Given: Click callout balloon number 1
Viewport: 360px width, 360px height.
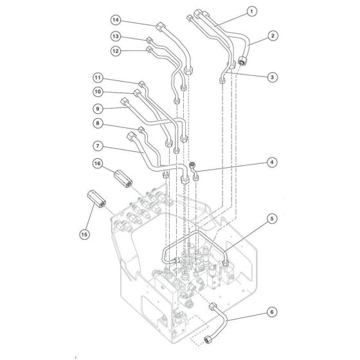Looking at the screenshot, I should tap(251, 11).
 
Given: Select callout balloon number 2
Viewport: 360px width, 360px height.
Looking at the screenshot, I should tap(273, 37).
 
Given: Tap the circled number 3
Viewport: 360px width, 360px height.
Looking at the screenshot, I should tap(273, 77).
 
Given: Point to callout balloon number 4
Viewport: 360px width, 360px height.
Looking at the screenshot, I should tap(273, 163).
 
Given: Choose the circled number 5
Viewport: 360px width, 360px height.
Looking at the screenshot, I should tap(273, 219).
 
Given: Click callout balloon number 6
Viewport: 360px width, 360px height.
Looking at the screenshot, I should tap(273, 313).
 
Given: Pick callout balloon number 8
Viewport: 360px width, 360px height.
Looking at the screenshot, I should tap(98, 122).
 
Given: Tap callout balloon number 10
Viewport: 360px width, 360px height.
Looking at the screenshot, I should tap(98, 92).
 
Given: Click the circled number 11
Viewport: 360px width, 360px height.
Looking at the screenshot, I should tap(98, 77).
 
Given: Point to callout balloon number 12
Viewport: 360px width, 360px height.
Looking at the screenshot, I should tap(116, 50).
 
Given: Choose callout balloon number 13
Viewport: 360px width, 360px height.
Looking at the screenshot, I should tap(116, 36).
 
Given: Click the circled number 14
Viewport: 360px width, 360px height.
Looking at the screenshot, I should tap(116, 19).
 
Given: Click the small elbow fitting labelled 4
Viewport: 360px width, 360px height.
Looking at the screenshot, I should tap(194, 171).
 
